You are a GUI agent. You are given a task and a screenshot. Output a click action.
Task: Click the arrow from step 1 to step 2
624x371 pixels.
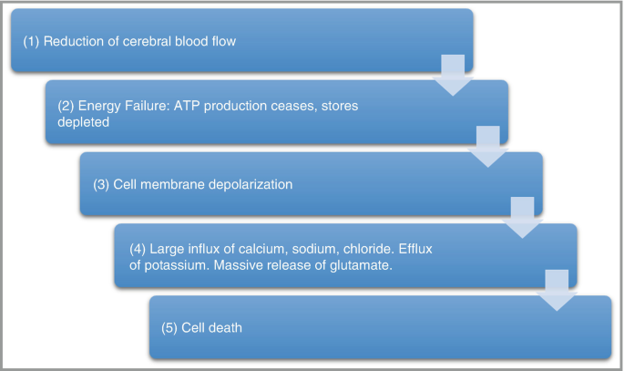coord(453,75)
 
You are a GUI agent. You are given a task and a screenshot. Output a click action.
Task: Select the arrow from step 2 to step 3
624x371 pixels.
coord(488,147)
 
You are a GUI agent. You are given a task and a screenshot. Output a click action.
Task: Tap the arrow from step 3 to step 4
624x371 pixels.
coord(523,217)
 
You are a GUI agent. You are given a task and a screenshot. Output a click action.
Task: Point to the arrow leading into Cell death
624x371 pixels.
coord(557,290)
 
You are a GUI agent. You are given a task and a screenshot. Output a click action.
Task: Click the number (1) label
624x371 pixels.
coord(31,41)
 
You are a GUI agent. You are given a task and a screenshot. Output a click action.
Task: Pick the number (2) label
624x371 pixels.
coord(66,106)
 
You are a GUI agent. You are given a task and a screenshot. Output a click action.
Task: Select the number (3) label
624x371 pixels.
coord(101,185)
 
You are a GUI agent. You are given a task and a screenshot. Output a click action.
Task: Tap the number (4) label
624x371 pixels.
coord(138,249)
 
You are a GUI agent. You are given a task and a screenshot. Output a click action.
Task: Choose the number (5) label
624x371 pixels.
coord(169,328)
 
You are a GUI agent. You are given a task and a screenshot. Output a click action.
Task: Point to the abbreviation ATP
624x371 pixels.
coord(187,106)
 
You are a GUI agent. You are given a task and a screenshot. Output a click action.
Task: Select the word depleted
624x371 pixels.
coord(83,123)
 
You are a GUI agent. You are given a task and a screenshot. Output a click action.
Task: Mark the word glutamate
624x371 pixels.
coord(361,265)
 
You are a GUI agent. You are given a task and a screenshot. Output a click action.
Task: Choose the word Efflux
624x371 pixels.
coord(415,249)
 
